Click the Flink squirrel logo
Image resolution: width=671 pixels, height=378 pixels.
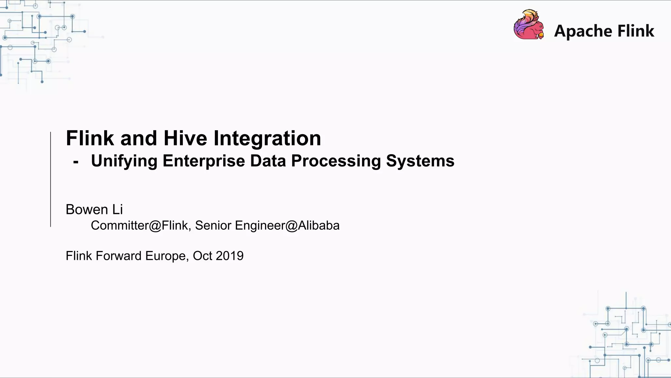(528, 25)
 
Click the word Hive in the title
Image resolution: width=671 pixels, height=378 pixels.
(185, 138)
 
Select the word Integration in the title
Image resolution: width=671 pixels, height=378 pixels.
(267, 138)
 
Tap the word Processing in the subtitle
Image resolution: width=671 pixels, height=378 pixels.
(336, 161)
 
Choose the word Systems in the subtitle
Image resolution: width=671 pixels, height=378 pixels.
(420, 161)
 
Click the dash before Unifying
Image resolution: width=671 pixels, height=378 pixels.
(76, 162)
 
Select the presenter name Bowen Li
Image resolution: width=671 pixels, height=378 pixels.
(94, 210)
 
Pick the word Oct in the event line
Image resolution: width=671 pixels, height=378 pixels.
(202, 256)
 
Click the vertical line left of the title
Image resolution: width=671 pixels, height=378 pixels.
(50, 179)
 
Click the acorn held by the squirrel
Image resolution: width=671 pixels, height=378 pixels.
(541, 35)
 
